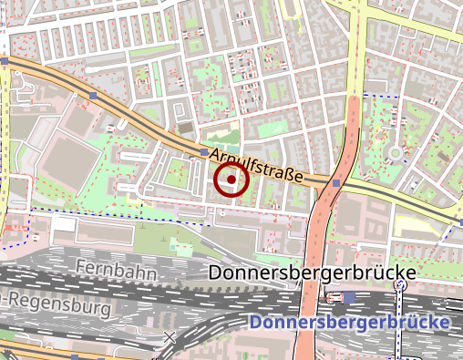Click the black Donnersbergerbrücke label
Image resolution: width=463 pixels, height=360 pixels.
tap(312, 273)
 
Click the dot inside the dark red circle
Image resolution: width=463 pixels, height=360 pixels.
tap(231, 180)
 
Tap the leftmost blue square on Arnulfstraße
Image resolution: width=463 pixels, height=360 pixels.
tap(5, 62)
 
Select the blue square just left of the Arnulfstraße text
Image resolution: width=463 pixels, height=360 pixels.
tap(202, 154)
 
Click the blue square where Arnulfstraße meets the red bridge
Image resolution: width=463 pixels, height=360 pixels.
tap(336, 183)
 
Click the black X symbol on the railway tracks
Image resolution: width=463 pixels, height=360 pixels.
tap(169, 337)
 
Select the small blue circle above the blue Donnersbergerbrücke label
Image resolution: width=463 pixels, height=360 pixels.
tap(399, 285)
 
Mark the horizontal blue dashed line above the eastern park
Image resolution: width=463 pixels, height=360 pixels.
tap(383, 95)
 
